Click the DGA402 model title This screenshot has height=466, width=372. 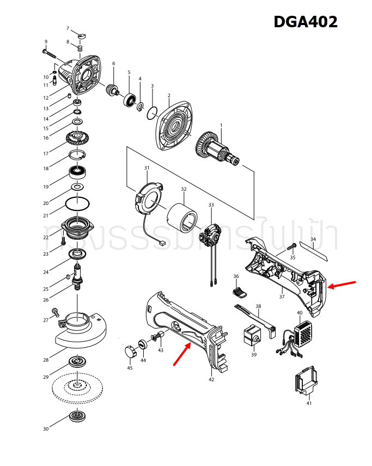[x=305, y=22]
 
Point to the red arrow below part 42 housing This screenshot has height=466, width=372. [x=182, y=355]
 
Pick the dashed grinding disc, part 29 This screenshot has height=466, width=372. [x=77, y=388]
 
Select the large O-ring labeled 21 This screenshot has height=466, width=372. [x=78, y=203]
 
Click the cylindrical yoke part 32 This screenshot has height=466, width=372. [x=184, y=217]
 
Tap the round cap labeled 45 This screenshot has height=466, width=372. [x=130, y=352]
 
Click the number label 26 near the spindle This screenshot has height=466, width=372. [x=46, y=300]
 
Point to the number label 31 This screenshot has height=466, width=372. [x=147, y=168]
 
